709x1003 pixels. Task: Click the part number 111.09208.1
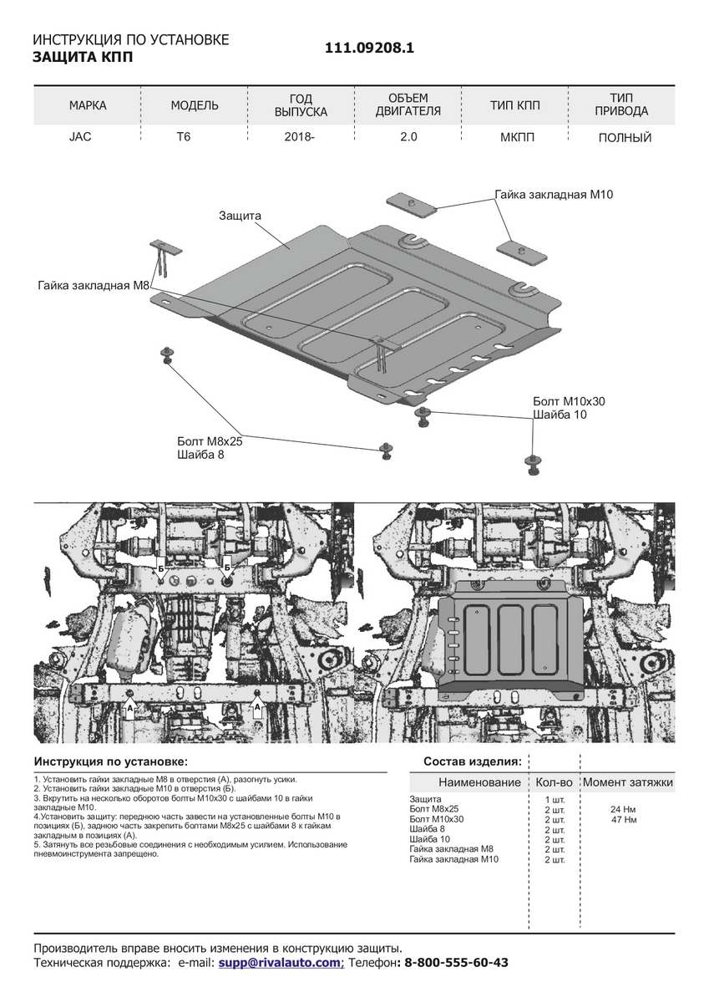point(369,48)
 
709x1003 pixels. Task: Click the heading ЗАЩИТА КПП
point(82,57)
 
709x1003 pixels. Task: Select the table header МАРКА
point(88,105)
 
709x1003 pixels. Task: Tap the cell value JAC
point(80,137)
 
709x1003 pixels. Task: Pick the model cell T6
point(183,137)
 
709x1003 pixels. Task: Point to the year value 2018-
point(300,137)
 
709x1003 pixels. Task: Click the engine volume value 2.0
point(408,137)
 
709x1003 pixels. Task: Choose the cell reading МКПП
point(515,137)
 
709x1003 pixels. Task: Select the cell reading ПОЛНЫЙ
point(625,138)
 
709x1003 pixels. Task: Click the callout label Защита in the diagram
point(241,216)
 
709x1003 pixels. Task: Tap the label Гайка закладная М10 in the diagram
point(554,195)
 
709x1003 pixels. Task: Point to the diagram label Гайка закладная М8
point(94,286)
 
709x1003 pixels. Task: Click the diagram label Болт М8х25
point(210,440)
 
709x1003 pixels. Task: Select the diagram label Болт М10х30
point(569,401)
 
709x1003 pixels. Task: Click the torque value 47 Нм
point(624,820)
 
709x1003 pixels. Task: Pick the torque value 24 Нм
point(624,810)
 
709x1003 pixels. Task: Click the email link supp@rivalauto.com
point(280,963)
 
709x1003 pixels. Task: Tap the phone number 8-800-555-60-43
point(456,963)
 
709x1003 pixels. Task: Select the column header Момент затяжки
point(627,782)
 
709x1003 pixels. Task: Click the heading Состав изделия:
point(472,761)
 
